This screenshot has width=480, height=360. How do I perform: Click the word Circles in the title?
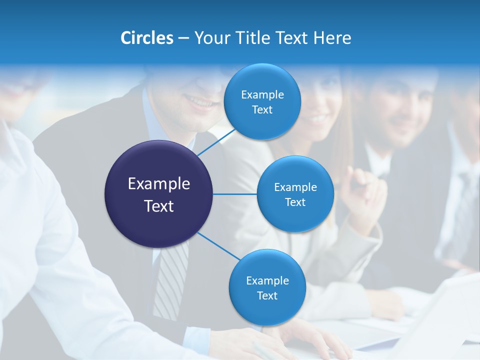tap(146, 38)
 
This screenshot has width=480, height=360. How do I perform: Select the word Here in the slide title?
tap(332, 38)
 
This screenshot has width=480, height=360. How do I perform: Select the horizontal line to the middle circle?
tap(235, 194)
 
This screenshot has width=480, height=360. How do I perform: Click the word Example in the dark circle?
tap(159, 184)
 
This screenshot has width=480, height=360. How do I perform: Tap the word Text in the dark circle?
tap(159, 206)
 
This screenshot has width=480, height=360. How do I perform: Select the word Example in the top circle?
tap(262, 94)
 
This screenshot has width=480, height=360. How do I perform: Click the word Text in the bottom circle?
tap(267, 295)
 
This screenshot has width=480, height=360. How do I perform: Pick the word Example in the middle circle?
tap(295, 187)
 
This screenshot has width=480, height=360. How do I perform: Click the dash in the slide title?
tap(183, 38)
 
